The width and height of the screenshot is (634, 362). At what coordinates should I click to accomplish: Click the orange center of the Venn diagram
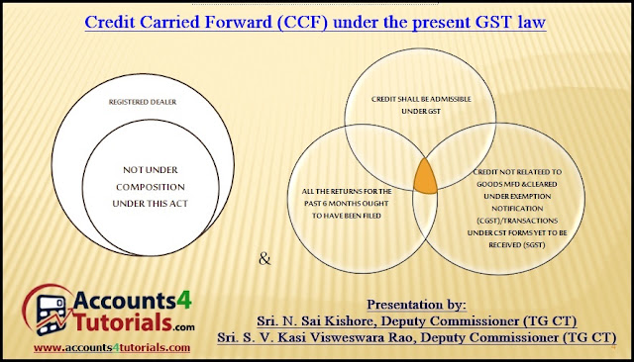[425, 178]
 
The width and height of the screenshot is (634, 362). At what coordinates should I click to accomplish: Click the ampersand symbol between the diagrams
[264, 258]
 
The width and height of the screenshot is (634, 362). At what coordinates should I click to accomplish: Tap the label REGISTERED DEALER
[143, 102]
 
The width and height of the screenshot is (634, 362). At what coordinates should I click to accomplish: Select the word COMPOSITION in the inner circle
[151, 187]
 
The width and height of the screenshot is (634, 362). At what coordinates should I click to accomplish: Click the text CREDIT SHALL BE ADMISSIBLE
[421, 99]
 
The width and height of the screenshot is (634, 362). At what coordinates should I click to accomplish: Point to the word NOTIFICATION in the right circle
[517, 209]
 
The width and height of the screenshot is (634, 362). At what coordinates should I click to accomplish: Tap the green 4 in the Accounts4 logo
[184, 301]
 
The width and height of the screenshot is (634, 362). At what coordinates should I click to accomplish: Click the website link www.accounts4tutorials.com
[112, 347]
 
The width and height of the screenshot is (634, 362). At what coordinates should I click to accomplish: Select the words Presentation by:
[416, 305]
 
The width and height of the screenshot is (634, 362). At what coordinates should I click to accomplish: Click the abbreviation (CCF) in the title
[302, 22]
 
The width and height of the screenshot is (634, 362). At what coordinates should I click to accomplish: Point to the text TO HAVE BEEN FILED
[347, 216]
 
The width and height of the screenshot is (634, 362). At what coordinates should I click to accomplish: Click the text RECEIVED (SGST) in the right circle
[517, 245]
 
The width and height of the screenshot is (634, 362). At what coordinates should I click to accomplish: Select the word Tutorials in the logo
[123, 322]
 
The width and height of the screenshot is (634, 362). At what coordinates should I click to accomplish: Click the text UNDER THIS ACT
[151, 204]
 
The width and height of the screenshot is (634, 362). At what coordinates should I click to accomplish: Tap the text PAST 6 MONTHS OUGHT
[347, 204]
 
